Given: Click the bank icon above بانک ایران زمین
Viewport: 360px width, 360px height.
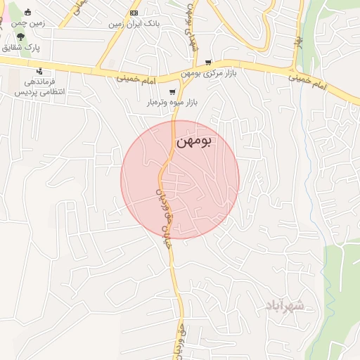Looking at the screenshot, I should (134, 13).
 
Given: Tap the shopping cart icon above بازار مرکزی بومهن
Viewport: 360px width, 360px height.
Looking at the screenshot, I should (208, 63).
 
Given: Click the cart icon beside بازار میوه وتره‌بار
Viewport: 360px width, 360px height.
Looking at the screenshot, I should (172, 92).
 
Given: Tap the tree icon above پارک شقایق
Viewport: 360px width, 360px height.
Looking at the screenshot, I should (29, 36).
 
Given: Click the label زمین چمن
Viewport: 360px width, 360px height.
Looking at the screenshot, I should (28, 23).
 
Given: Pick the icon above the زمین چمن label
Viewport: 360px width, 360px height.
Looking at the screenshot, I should (28, 12).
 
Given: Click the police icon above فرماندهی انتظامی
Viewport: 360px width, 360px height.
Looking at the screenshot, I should (39, 71).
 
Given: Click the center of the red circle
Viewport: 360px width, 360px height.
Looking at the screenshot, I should (180, 179).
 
